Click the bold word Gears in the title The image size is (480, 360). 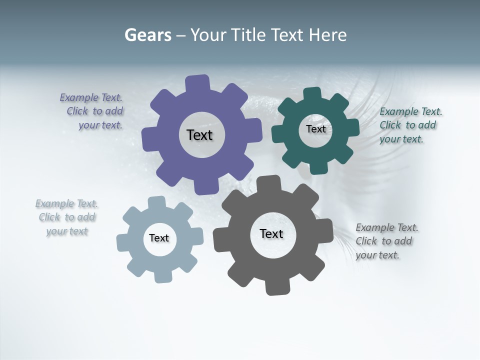click(x=148, y=35)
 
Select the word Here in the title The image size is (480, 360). click(x=327, y=35)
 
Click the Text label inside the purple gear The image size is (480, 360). click(x=199, y=135)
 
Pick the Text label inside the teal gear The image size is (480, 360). click(x=315, y=129)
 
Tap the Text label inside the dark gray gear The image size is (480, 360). click(x=271, y=234)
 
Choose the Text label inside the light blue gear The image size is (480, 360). click(x=159, y=238)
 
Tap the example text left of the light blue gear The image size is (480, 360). click(x=67, y=217)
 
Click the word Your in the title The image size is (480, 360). click(x=206, y=35)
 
